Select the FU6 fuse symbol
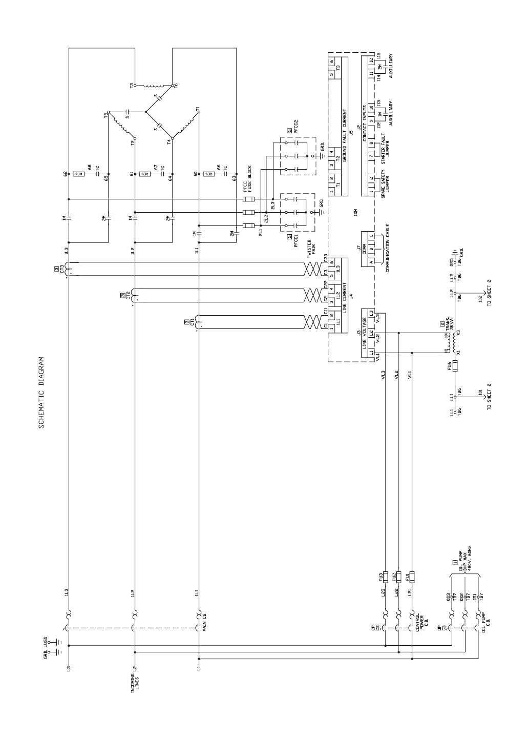click(x=455, y=366)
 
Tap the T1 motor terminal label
click(x=198, y=109)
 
